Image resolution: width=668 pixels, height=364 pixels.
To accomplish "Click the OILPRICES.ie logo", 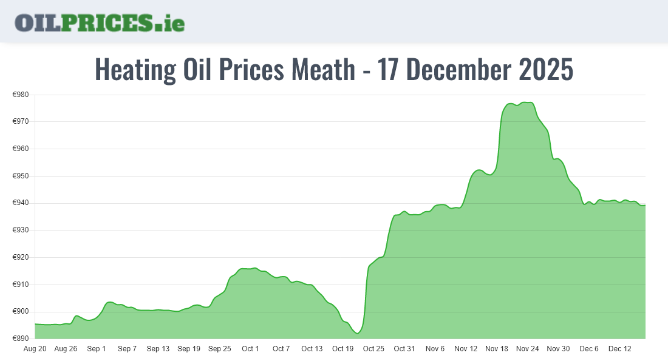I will pyautogui.click(x=100, y=22).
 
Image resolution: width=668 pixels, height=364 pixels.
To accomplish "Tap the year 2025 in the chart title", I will pyautogui.click(x=545, y=70).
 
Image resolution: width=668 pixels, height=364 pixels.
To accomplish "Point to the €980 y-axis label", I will pyautogui.click(x=21, y=95).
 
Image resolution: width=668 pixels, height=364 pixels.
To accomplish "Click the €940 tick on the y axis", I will pyautogui.click(x=21, y=203).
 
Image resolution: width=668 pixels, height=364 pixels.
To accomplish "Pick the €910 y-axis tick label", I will pyautogui.click(x=21, y=285).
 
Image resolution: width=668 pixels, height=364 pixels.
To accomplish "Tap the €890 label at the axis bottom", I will pyautogui.click(x=21, y=339).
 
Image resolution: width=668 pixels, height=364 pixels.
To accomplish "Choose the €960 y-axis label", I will pyautogui.click(x=21, y=149).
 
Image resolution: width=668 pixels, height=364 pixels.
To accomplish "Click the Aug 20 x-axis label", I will pyautogui.click(x=35, y=349).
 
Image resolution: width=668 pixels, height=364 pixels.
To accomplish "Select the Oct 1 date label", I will pyautogui.click(x=250, y=349).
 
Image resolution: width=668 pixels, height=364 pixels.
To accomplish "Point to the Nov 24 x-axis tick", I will pyautogui.click(x=527, y=349).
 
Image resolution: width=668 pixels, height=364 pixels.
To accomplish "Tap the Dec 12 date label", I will pyautogui.click(x=620, y=349).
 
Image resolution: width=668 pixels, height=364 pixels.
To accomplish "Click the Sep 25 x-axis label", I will pyautogui.click(x=219, y=349).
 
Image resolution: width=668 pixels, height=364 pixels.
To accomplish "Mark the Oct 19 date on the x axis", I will pyautogui.click(x=343, y=349).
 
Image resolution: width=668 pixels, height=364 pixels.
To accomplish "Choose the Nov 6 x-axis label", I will pyautogui.click(x=435, y=349).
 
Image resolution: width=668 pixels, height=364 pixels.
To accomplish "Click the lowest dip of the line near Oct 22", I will pyautogui.click(x=358, y=333).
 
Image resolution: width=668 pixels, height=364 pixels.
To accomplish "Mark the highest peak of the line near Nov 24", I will pyautogui.click(x=526, y=103).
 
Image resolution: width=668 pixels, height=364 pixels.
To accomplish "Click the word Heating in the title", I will pyautogui.click(x=135, y=70).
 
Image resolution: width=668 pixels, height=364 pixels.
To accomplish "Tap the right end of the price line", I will pyautogui.click(x=645, y=205).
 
